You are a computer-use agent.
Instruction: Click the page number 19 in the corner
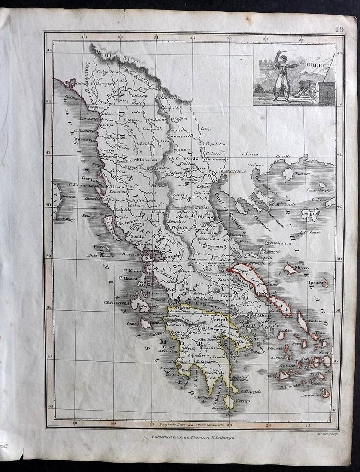(339, 30)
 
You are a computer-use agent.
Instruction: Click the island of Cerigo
(230, 402)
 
